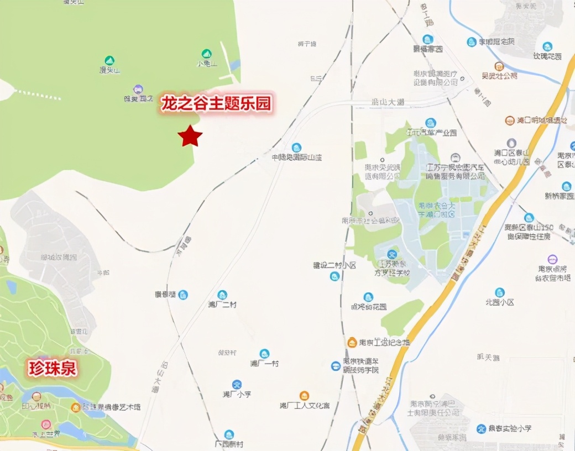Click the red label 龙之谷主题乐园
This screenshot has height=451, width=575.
point(217,104)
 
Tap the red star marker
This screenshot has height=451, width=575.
point(190,136)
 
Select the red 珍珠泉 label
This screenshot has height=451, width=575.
point(52,369)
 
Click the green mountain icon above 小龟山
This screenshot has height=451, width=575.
point(206,54)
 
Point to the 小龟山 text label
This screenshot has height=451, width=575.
point(207,64)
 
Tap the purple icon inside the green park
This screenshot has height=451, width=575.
point(138,89)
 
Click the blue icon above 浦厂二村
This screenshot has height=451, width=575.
point(222,295)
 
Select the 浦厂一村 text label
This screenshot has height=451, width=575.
point(264,364)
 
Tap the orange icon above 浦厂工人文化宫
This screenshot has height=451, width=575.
point(304,396)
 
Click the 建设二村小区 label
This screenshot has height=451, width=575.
point(334,265)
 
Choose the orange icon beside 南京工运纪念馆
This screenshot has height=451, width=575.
point(352,343)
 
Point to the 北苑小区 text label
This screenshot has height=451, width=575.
point(500,302)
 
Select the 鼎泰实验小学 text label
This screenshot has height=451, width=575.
point(511,429)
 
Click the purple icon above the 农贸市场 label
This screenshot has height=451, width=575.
point(552,259)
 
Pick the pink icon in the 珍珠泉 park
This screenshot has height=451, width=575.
point(46,424)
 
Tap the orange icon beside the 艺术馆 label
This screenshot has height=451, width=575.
point(75,407)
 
